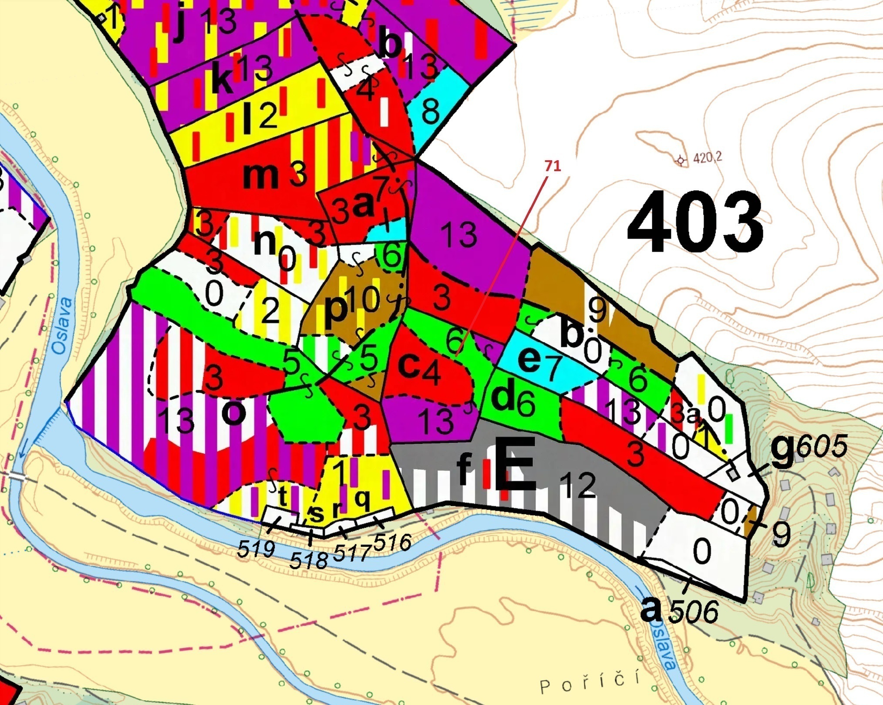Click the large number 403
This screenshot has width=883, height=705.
click(x=695, y=223)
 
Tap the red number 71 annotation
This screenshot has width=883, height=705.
click(x=552, y=166)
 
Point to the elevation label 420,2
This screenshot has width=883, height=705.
click(x=707, y=158)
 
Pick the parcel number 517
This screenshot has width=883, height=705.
click(x=351, y=552)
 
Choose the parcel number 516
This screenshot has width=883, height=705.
click(x=392, y=543)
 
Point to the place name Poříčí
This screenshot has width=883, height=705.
click(x=590, y=683)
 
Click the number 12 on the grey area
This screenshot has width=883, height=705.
click(x=577, y=484)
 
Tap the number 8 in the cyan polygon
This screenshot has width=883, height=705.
click(x=430, y=111)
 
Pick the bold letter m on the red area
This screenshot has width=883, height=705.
click(x=260, y=175)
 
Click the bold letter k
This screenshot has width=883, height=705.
click(x=222, y=78)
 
